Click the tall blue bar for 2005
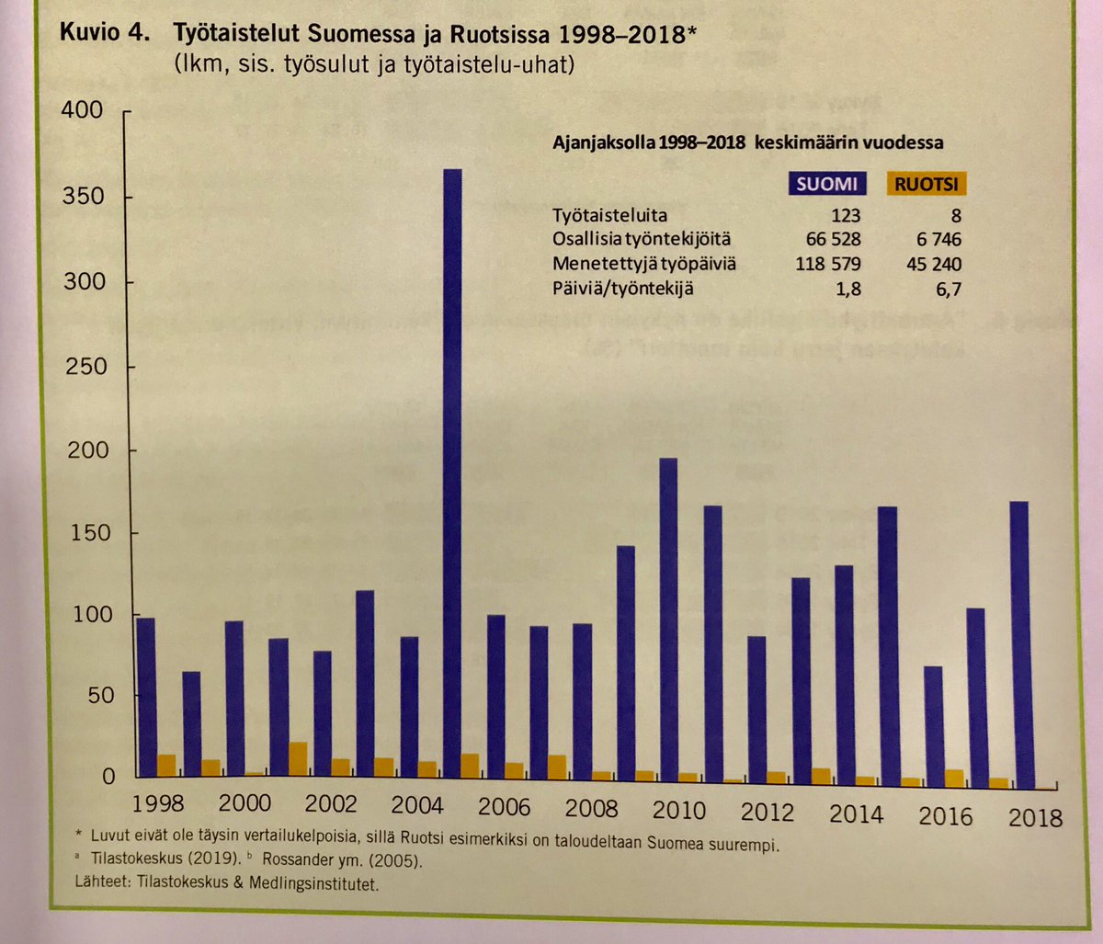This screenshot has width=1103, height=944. tap(452, 478)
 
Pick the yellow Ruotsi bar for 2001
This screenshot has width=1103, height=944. tap(298, 759)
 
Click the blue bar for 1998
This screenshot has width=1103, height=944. tap(145, 698)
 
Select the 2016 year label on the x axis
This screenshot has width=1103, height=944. tap(944, 815)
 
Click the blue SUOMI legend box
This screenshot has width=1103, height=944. tap(826, 184)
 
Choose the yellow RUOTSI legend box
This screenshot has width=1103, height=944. tap(927, 185)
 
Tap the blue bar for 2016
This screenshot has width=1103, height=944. tap(932, 727)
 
